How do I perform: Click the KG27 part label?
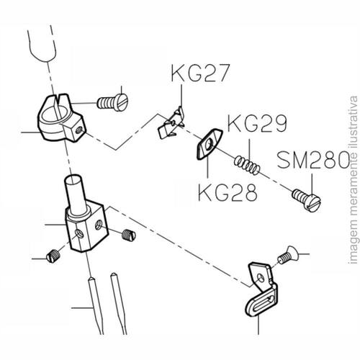point(200,73)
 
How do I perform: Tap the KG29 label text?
point(257,123)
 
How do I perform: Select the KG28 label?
point(228,192)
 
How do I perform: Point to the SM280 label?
point(313,159)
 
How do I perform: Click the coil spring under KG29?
point(247,166)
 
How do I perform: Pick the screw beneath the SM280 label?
point(307,200)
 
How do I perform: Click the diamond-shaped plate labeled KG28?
point(210,144)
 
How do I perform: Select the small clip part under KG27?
point(171,125)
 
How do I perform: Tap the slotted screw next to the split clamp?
point(113,102)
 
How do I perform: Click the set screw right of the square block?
point(129,235)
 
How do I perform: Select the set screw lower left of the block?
point(53,256)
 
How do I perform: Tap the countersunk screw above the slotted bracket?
point(289,255)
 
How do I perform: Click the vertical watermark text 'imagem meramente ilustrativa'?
point(354,180)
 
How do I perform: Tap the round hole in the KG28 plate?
point(208,145)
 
